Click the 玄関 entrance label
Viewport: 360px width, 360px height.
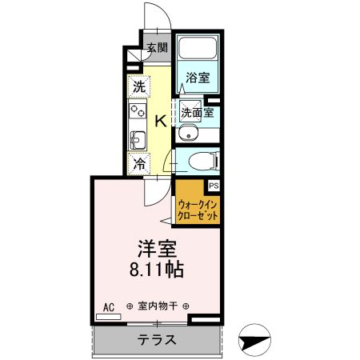(157, 48)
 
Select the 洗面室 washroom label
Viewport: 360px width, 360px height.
(196, 113)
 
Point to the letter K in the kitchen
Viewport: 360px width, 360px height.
(160, 121)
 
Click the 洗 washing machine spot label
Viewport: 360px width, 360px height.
(139, 86)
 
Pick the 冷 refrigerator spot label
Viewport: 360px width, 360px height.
(139, 165)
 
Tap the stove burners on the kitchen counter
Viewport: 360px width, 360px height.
(135, 111)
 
